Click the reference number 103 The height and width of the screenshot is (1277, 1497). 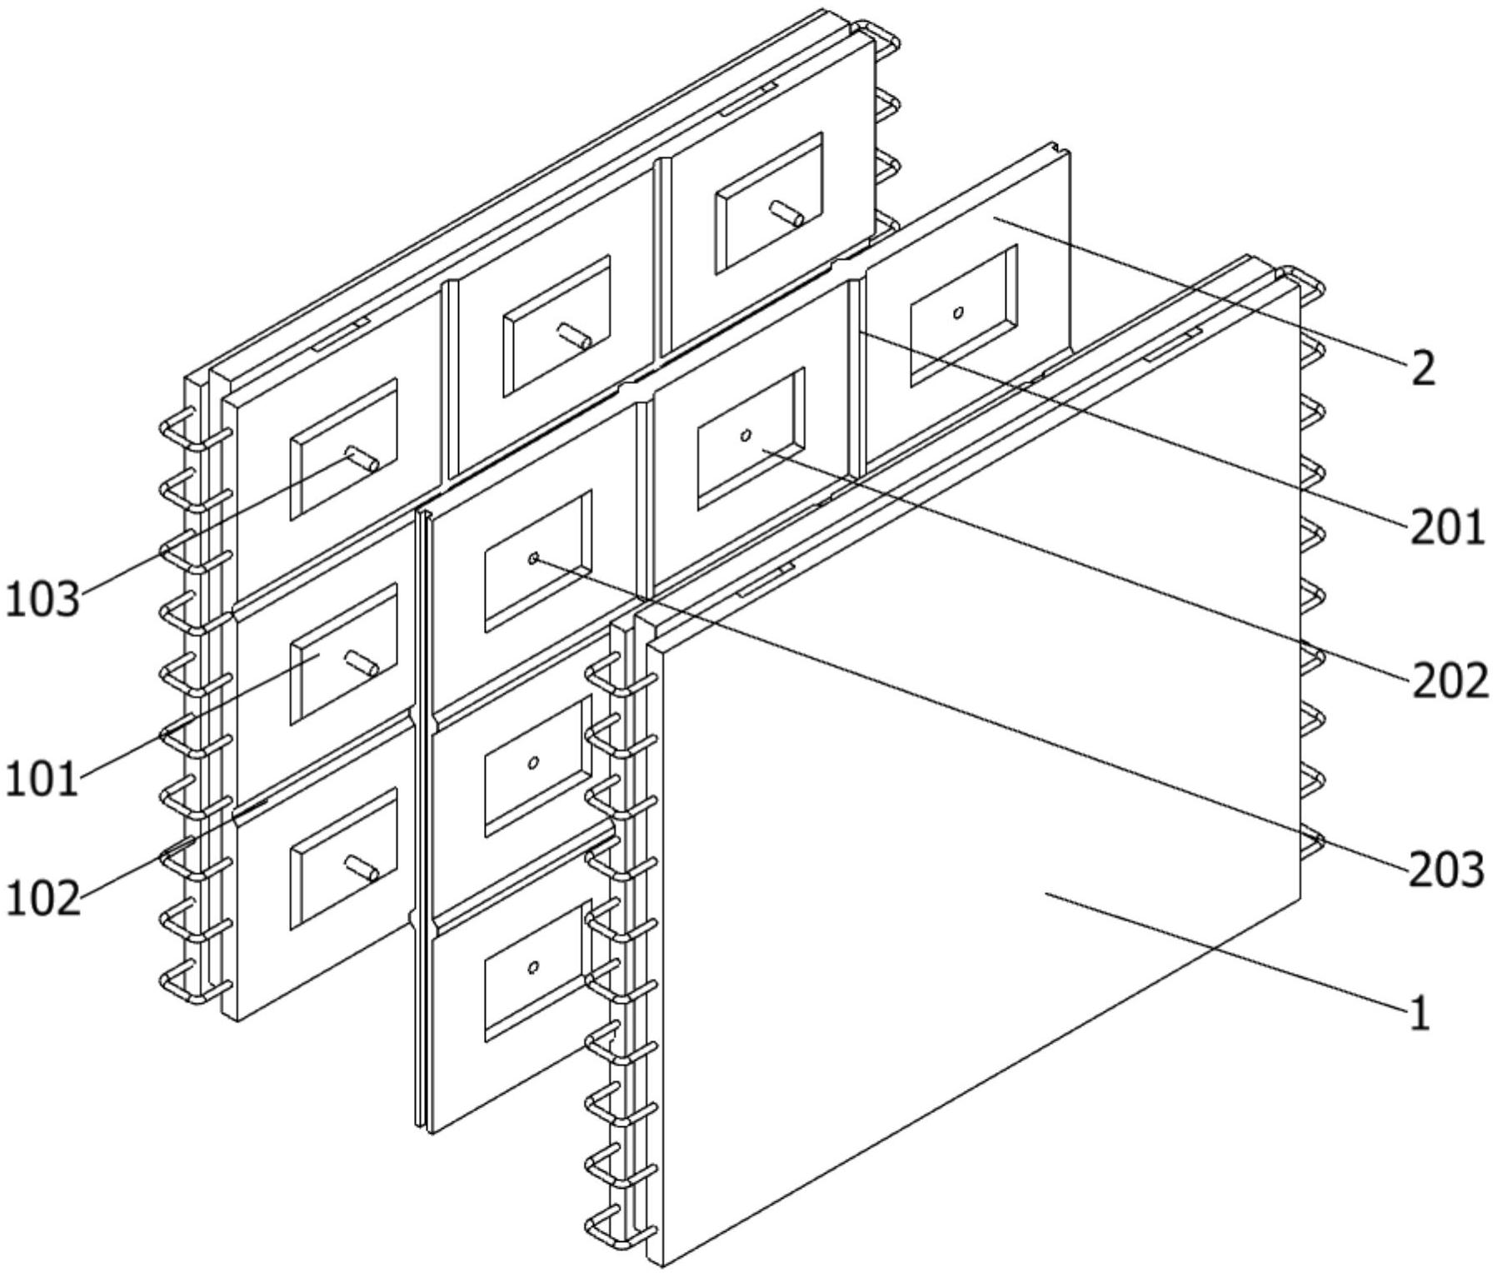(43, 599)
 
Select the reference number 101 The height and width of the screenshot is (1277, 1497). (42, 780)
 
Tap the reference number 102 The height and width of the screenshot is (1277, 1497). (43, 899)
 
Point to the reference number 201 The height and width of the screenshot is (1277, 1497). (1447, 527)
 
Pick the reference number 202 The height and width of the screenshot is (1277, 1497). (1450, 681)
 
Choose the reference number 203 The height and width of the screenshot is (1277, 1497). (1447, 870)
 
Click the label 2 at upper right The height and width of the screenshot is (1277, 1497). (1425, 367)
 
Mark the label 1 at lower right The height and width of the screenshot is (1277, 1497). (1420, 1014)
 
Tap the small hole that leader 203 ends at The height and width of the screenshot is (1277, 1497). (534, 558)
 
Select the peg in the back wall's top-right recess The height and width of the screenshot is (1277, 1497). (786, 213)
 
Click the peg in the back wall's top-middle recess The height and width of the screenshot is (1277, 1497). (575, 336)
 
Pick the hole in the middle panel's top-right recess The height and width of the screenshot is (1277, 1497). (959, 312)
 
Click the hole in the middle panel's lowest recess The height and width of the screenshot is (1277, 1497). (534, 967)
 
